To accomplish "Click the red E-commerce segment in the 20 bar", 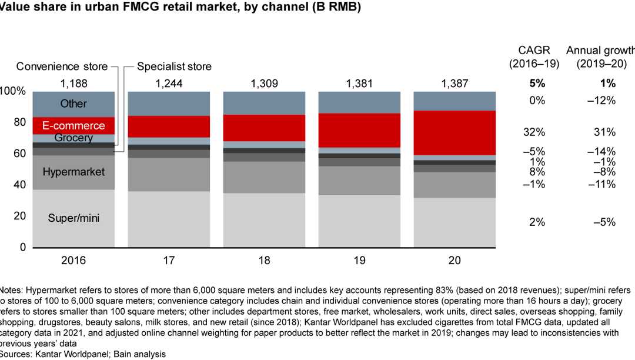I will click(454, 132).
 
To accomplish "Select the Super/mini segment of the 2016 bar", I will click(73, 218).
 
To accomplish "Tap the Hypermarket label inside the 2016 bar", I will click(73, 172).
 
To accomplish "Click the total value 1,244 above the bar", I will click(169, 84).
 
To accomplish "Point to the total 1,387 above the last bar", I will click(454, 84).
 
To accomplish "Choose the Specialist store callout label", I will click(174, 66).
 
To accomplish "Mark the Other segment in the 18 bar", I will click(264, 103).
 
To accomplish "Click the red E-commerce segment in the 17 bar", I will click(169, 126).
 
